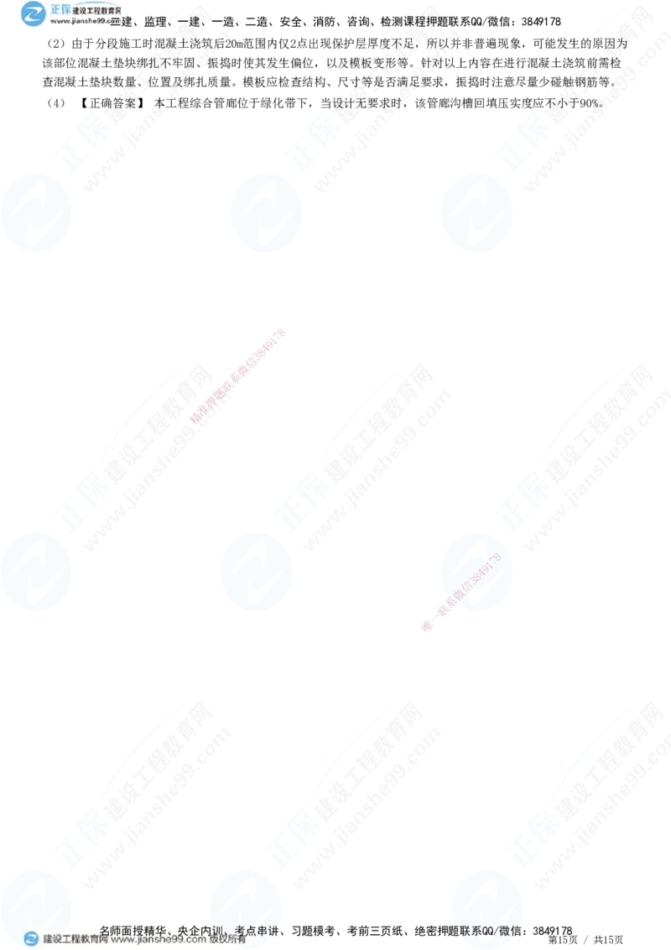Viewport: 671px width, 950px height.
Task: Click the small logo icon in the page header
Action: coord(34,14)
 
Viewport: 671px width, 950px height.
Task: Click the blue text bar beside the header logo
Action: coord(84,13)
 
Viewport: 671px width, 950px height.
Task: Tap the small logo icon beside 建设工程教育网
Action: coord(31,939)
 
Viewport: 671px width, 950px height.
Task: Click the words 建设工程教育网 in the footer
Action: coord(74,940)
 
